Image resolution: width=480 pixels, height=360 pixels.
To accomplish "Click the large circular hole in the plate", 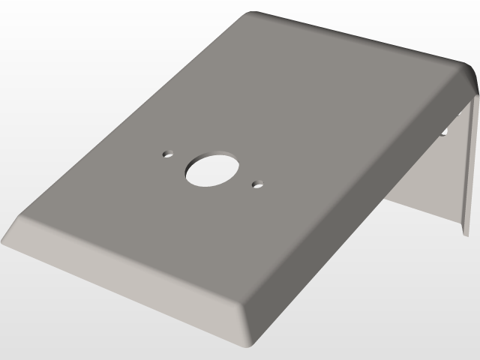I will [213, 170].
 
